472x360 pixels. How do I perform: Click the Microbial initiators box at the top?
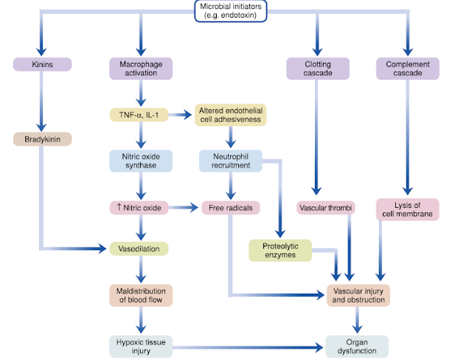(231, 12)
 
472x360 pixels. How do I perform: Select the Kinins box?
(42, 65)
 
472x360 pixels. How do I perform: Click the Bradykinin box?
(42, 138)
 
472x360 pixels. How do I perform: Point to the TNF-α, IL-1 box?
(140, 114)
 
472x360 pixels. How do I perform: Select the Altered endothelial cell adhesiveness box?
(232, 115)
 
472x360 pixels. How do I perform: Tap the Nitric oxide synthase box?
(140, 161)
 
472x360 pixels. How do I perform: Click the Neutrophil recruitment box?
(231, 161)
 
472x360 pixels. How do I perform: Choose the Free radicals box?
(231, 208)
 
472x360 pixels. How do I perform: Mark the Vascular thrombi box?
(326, 208)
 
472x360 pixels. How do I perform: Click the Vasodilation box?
(139, 249)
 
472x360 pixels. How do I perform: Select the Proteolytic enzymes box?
(280, 249)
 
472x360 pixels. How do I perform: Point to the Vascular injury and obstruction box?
(358, 295)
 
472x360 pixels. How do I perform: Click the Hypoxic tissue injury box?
(139, 345)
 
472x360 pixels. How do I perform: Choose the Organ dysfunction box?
(358, 346)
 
